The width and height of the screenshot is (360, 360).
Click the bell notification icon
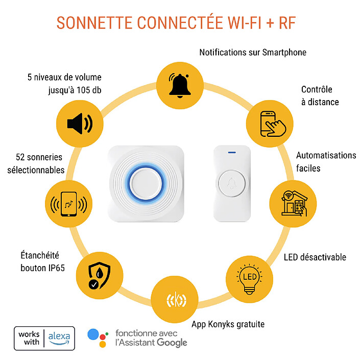180,85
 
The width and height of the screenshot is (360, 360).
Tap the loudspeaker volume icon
80,124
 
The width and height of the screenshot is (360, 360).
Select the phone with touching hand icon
273,124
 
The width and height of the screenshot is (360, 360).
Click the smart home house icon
294,203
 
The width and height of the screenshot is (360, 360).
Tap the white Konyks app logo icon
176,299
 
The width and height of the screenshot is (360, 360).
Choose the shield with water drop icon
99,275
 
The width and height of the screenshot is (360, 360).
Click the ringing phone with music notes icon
68,204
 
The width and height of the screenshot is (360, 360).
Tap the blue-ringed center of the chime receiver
146,183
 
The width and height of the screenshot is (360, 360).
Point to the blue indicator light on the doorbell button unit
232,152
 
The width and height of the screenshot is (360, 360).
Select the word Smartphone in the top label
284,53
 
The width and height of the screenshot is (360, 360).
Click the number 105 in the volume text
83,90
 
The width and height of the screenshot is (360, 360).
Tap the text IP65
56,268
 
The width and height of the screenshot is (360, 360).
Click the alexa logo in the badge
59,338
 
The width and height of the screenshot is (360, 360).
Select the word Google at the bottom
172,343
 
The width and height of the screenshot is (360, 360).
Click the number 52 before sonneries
20,157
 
